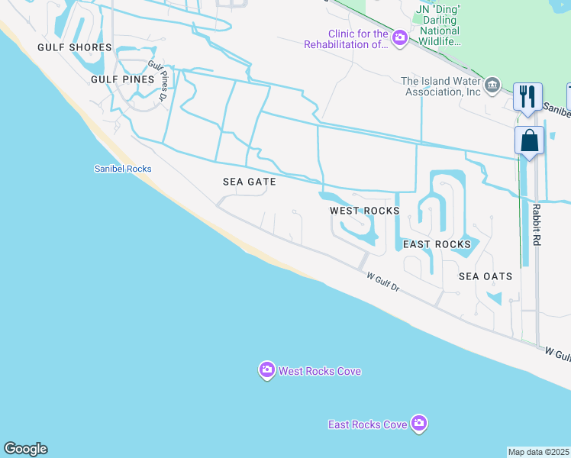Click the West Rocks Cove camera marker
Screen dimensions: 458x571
click(266, 371)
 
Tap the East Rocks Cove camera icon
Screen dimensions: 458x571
click(418, 423)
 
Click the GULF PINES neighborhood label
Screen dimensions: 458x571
click(122, 79)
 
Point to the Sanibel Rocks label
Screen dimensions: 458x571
click(122, 169)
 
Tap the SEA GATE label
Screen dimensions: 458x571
click(249, 182)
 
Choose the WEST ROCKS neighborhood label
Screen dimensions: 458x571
click(364, 211)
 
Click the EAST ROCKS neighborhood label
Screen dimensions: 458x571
click(437, 244)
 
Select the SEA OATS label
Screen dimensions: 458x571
click(486, 276)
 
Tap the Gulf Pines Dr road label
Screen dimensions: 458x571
click(158, 81)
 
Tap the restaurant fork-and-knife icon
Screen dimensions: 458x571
click(527, 96)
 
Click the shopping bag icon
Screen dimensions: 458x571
click(529, 140)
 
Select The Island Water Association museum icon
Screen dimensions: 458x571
click(493, 84)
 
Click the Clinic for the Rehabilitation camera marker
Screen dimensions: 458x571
click(400, 37)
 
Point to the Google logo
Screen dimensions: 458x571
click(25, 449)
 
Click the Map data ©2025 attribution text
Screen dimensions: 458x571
click(539, 452)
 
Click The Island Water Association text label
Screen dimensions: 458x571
click(441, 86)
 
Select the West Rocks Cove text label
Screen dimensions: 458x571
click(319, 372)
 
